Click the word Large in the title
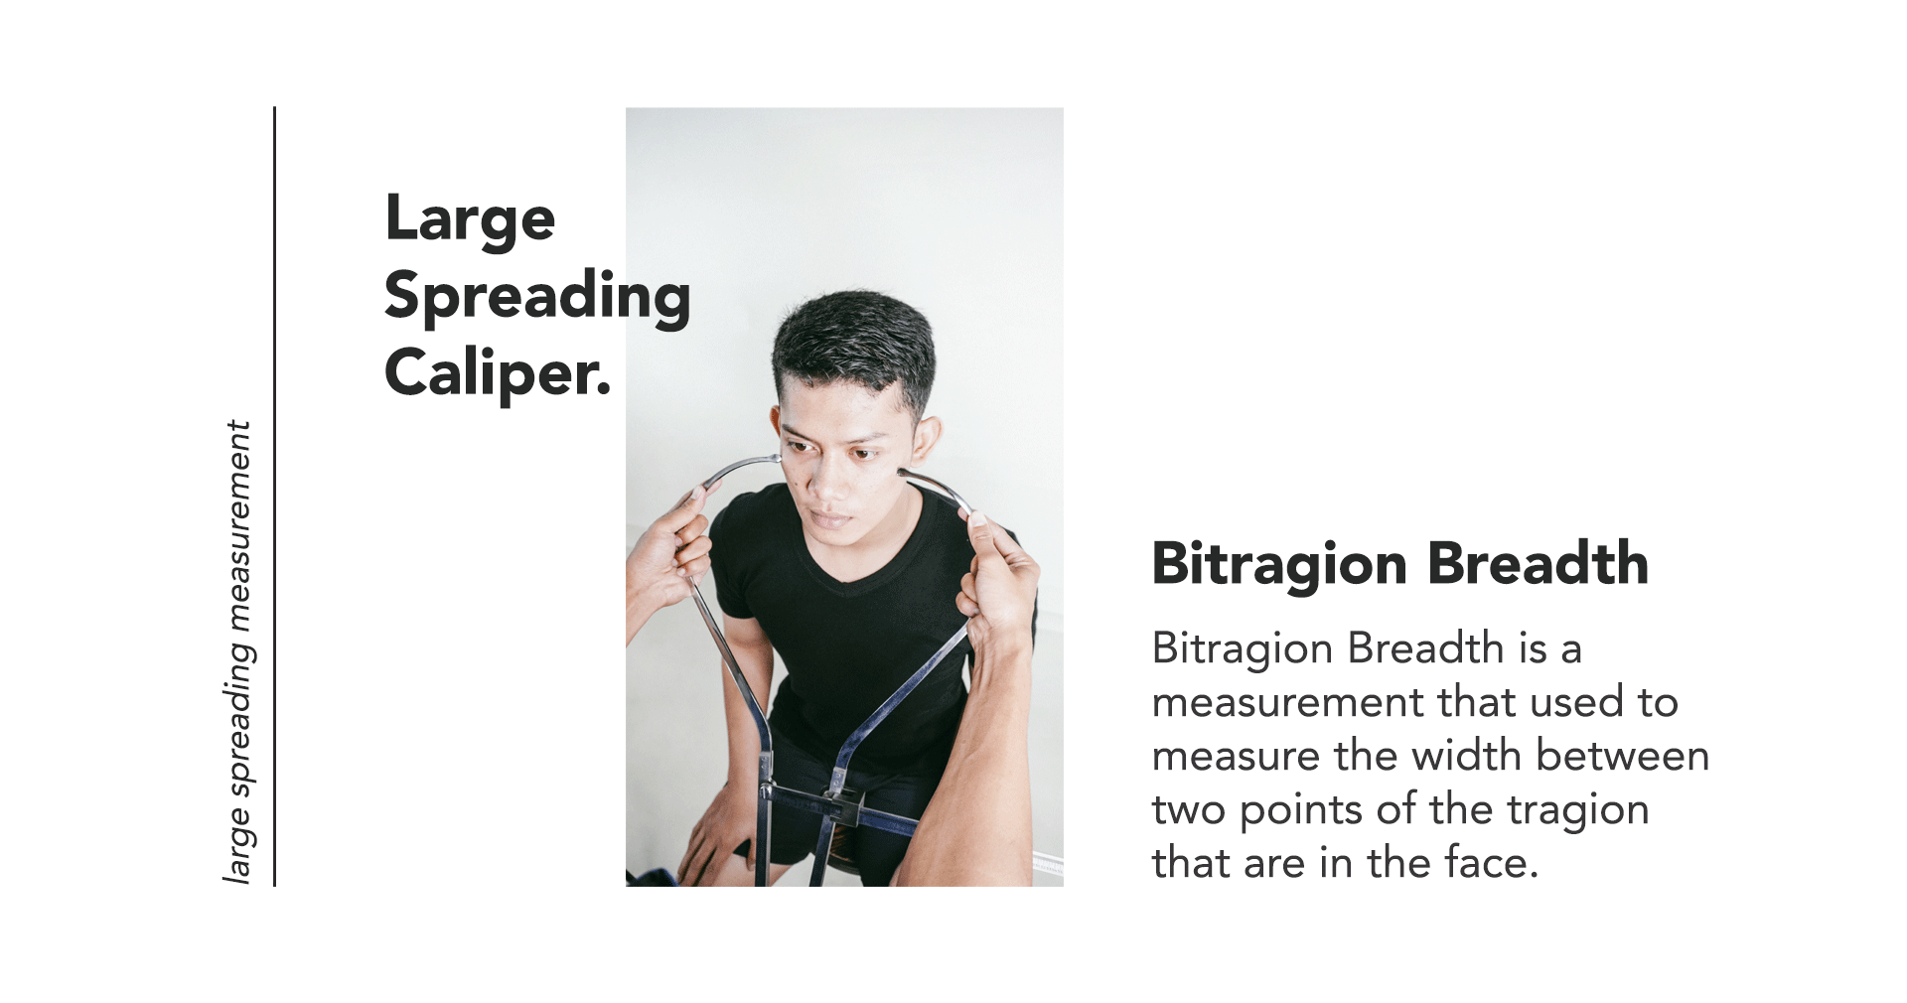(x=470, y=219)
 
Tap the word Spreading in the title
(x=537, y=297)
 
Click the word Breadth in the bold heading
(x=1539, y=563)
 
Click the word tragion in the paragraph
(x=1577, y=811)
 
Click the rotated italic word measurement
(x=238, y=526)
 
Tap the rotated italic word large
(x=238, y=843)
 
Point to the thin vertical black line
(x=274, y=497)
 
